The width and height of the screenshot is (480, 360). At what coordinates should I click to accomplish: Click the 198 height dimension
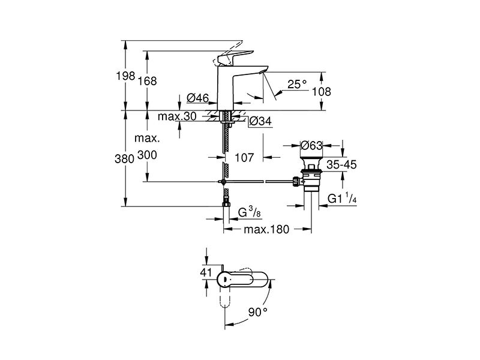(x=125, y=76)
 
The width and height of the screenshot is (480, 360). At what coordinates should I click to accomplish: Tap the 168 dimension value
(x=147, y=81)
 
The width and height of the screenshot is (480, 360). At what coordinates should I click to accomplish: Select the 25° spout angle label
(x=296, y=84)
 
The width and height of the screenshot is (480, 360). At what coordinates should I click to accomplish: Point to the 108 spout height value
(x=322, y=92)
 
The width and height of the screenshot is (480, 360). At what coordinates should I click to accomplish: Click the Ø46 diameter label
(x=198, y=98)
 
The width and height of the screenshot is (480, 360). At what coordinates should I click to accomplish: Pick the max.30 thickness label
(x=177, y=116)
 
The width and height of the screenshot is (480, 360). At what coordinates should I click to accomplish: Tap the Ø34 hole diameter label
(x=260, y=121)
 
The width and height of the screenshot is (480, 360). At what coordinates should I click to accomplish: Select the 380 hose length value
(x=125, y=159)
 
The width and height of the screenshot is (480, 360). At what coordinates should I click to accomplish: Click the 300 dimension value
(x=147, y=155)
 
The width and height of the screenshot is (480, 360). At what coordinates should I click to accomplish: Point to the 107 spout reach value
(x=244, y=158)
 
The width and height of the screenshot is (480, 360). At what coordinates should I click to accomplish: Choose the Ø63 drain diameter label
(x=311, y=145)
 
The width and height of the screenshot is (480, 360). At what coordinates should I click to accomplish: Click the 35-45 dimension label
(x=341, y=164)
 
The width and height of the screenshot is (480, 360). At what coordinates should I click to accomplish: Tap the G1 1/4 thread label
(x=342, y=199)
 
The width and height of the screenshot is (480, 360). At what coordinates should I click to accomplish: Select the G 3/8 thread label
(x=249, y=212)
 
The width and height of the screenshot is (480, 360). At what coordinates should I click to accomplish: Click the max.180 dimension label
(x=266, y=229)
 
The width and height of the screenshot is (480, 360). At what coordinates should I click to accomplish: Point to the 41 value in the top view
(x=206, y=272)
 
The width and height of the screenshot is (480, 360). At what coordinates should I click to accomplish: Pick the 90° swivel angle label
(x=258, y=312)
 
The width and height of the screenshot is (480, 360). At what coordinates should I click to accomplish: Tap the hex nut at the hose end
(x=226, y=204)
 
